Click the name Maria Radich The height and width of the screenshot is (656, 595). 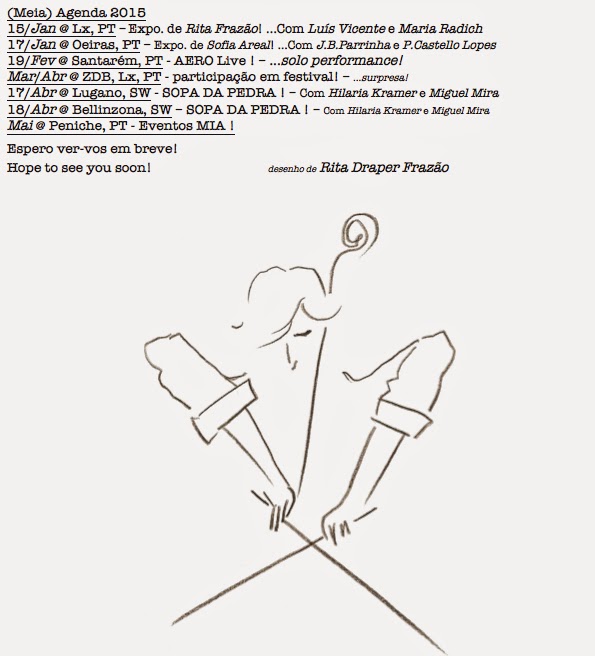(440, 28)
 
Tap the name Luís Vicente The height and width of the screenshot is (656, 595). (346, 28)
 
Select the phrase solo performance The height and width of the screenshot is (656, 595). (340, 61)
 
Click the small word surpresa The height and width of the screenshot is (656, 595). (384, 78)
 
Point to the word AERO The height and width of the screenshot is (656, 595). (190, 61)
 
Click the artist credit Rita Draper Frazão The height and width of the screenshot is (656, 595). (384, 167)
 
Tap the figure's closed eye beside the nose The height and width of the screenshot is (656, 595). (302, 333)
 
